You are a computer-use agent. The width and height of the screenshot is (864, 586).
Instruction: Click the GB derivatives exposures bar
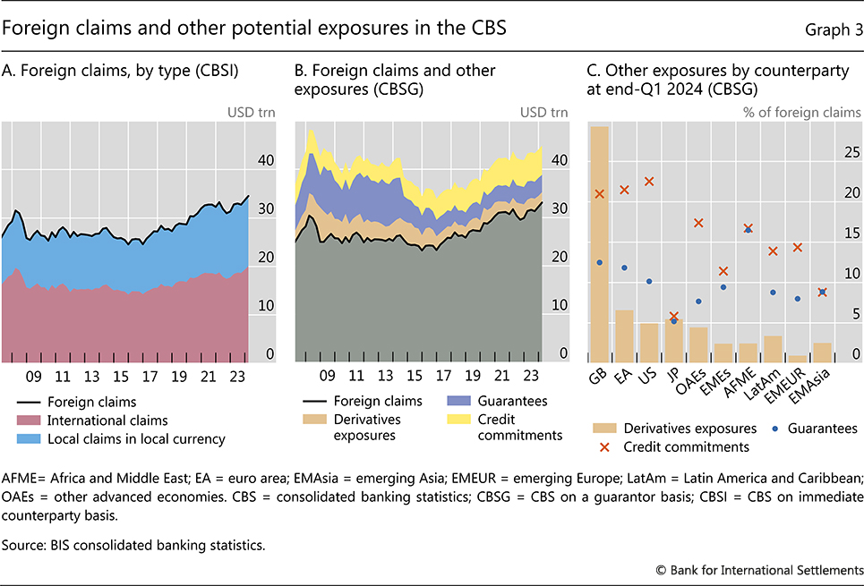599,242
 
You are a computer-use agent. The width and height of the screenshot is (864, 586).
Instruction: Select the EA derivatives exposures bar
624,333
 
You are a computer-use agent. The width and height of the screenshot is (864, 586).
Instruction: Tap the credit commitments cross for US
649,182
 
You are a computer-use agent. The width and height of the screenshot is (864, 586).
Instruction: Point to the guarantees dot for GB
599,262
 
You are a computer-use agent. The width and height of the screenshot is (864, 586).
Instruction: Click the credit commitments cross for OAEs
698,223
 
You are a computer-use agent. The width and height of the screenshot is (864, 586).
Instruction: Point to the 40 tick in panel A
265,161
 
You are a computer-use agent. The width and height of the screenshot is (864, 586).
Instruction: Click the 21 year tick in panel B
502,376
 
